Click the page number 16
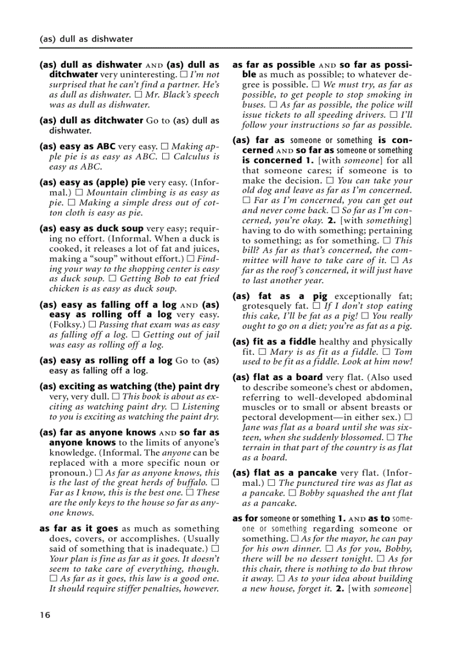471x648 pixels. click(x=44, y=615)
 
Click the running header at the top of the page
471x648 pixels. click(x=86, y=39)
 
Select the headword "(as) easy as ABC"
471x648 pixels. click(x=78, y=147)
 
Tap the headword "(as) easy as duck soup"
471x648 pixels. click(x=91, y=229)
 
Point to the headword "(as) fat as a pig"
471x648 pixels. click(x=280, y=296)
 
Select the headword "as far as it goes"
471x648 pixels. click(x=78, y=528)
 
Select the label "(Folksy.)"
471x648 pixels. click(x=68, y=325)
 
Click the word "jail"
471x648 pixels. click(x=210, y=335)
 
